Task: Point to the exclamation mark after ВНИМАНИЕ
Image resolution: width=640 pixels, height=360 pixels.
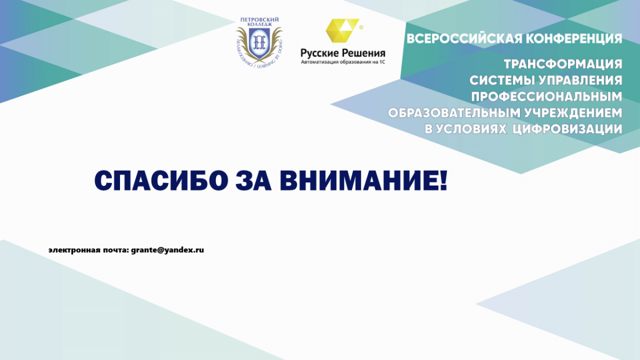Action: pyautogui.click(x=442, y=181)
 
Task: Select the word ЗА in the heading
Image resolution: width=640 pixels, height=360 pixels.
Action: pyautogui.click(x=253, y=181)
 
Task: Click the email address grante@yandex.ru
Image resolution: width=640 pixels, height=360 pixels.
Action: pyautogui.click(x=167, y=250)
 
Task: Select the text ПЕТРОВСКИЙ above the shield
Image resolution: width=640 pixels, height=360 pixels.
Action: pyautogui.click(x=259, y=19)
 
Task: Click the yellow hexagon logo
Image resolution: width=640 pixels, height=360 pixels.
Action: pyautogui.click(x=342, y=30)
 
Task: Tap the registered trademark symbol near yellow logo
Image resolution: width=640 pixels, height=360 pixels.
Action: pyautogui.click(x=361, y=27)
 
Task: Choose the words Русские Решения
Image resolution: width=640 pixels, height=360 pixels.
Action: pyautogui.click(x=343, y=53)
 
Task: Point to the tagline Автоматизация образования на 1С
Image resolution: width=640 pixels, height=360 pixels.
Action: pyautogui.click(x=343, y=62)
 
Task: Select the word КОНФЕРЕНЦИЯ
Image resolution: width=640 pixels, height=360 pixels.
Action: pyautogui.click(x=574, y=38)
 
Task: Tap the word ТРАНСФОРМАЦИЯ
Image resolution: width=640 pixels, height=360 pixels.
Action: pyautogui.click(x=563, y=65)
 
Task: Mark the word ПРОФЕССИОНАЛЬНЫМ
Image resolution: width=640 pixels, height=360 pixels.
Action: pyautogui.click(x=547, y=97)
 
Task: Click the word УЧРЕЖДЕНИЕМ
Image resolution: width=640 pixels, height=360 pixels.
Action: pyautogui.click(x=574, y=113)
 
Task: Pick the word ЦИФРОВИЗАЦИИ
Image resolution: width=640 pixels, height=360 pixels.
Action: pyautogui.click(x=567, y=129)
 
